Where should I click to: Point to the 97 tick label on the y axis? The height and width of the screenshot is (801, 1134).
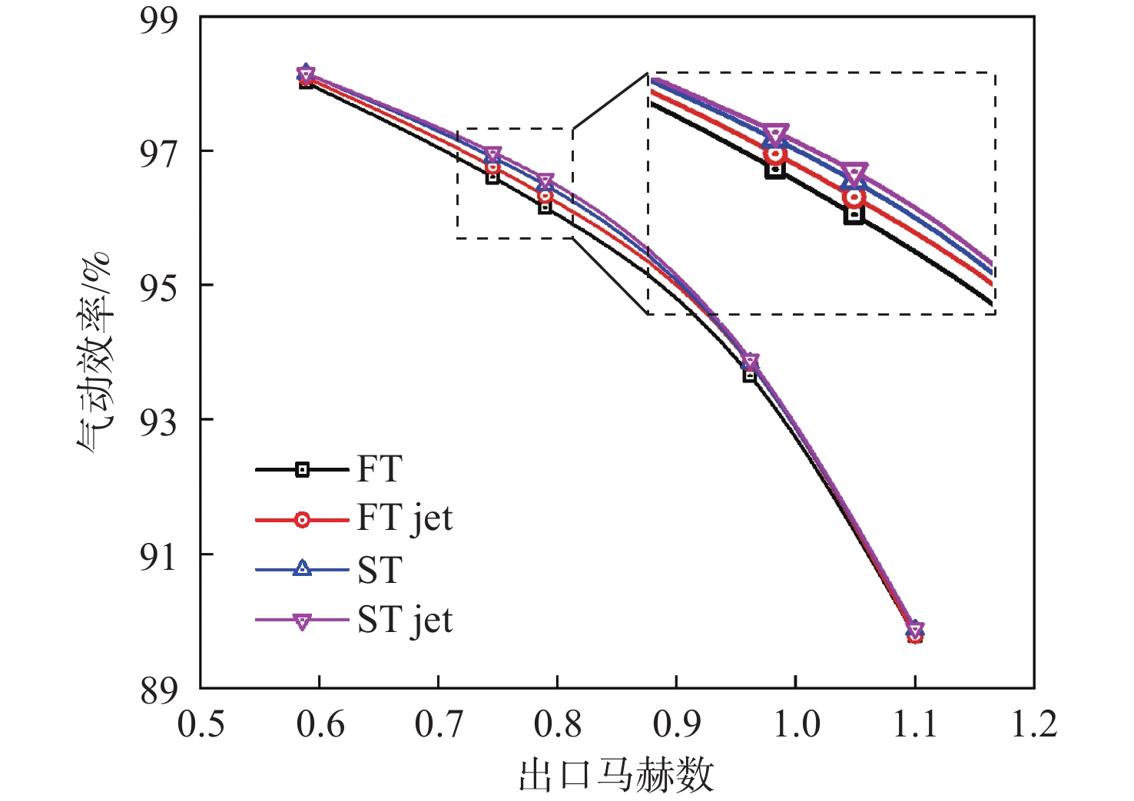click(158, 152)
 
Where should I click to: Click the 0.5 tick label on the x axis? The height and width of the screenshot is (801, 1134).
click(201, 724)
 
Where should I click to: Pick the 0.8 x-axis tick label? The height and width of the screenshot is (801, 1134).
click(557, 724)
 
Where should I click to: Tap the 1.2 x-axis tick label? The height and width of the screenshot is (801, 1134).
click(1033, 724)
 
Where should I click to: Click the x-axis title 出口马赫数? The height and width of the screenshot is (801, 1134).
click(616, 774)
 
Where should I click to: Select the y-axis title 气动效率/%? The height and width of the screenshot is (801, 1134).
click(95, 353)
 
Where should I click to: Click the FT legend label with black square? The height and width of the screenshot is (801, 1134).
click(380, 469)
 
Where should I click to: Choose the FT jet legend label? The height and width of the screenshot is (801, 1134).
click(405, 519)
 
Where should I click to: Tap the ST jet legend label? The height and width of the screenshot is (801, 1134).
click(405, 621)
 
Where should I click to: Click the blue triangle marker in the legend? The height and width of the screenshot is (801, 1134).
click(302, 569)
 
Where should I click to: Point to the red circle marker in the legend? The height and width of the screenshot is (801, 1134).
click(302, 520)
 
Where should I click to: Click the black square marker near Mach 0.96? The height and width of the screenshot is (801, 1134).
click(750, 375)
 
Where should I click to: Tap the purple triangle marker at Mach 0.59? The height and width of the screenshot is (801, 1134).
click(306, 75)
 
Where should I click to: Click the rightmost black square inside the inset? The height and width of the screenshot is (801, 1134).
click(854, 215)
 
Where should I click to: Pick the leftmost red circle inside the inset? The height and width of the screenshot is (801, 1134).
click(774, 155)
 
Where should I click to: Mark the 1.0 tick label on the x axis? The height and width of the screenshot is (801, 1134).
click(795, 724)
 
